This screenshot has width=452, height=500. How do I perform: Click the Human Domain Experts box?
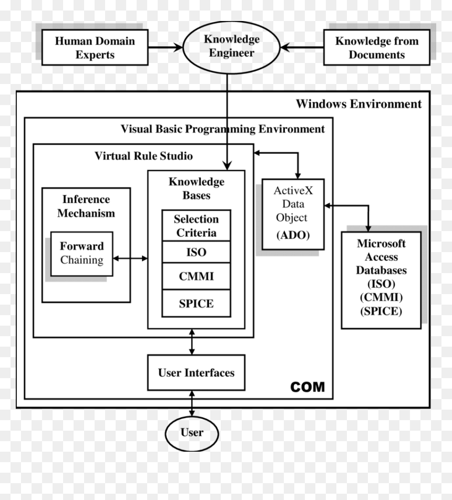point(95,47)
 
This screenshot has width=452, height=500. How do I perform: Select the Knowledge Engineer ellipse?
point(231,47)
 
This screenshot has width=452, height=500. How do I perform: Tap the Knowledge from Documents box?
point(377,47)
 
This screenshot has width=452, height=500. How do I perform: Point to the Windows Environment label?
point(359,104)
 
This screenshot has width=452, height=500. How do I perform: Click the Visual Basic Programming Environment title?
point(222,129)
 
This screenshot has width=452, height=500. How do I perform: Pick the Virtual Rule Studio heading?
point(143,156)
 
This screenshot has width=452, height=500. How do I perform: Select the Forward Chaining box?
point(81,254)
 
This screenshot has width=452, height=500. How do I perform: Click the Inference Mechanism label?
point(86,206)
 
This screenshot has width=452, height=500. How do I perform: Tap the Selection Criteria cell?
point(197,225)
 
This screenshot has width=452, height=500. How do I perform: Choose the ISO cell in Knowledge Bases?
point(197,252)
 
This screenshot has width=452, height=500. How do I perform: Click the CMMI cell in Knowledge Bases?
point(197,276)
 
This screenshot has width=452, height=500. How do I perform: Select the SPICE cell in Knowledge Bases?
point(197,303)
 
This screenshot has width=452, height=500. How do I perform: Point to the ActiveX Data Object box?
point(293,214)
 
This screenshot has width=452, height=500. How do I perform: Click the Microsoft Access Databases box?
point(381,280)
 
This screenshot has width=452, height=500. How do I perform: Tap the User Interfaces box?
point(197,372)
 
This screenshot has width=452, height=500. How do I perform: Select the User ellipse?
point(192,433)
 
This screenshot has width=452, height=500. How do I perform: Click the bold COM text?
point(307,387)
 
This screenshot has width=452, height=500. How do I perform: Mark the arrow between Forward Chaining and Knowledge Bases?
point(130,258)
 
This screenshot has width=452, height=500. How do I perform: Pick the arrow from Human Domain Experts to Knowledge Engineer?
point(166,48)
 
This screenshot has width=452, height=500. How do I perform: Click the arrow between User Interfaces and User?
point(192,403)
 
